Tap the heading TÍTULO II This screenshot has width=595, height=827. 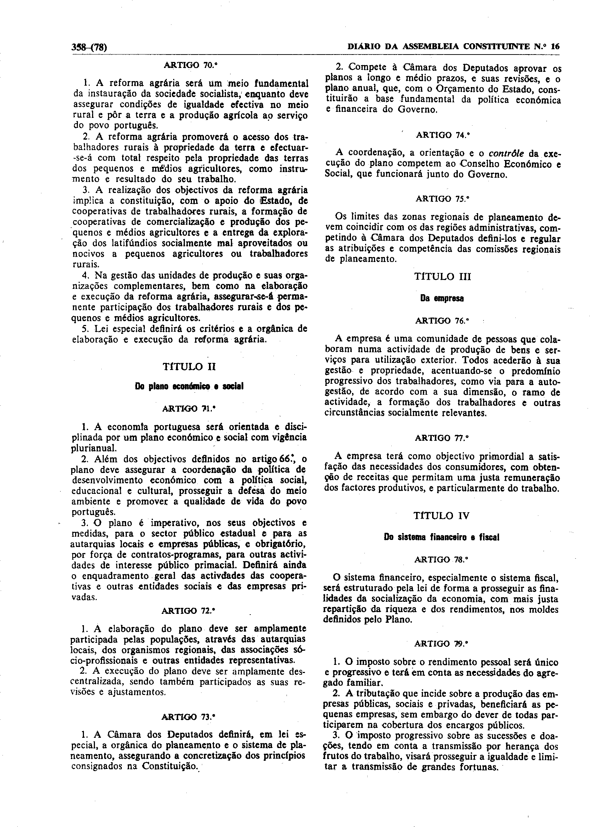189,366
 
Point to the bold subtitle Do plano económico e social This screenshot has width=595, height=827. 189,386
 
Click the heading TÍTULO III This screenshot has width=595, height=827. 442,277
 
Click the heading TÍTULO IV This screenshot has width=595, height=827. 442,515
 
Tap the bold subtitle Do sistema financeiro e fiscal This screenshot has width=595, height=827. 442,537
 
